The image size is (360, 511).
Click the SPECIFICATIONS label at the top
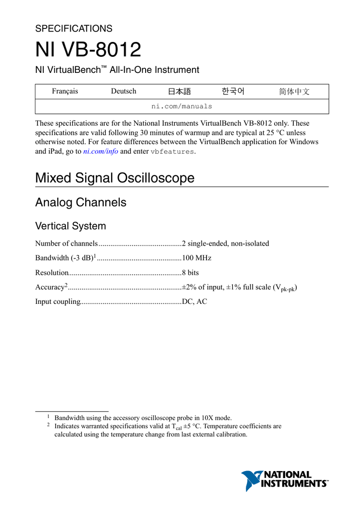pos(74,28)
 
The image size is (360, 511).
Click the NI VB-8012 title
pos(88,50)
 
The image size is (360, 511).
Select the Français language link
pos(65,91)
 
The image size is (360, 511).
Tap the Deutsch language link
pos(123,91)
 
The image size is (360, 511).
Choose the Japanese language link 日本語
pos(180,91)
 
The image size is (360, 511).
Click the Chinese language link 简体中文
pos(294,91)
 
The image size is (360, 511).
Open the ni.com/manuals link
pos(181,106)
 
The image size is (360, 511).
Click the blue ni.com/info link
pos(100,151)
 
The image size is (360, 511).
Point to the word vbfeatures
pos(173,151)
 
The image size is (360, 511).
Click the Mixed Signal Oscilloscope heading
pos(115,178)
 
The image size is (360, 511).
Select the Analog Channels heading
pos(81,203)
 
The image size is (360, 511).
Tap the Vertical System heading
pos(70,226)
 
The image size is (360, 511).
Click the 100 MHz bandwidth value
pos(196,258)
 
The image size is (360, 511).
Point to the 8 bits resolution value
pos(190,272)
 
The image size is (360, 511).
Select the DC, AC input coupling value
pos(194,301)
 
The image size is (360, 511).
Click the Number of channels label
pos(66,244)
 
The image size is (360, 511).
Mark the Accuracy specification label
pos(50,287)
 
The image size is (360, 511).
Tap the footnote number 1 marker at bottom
pos(49,416)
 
